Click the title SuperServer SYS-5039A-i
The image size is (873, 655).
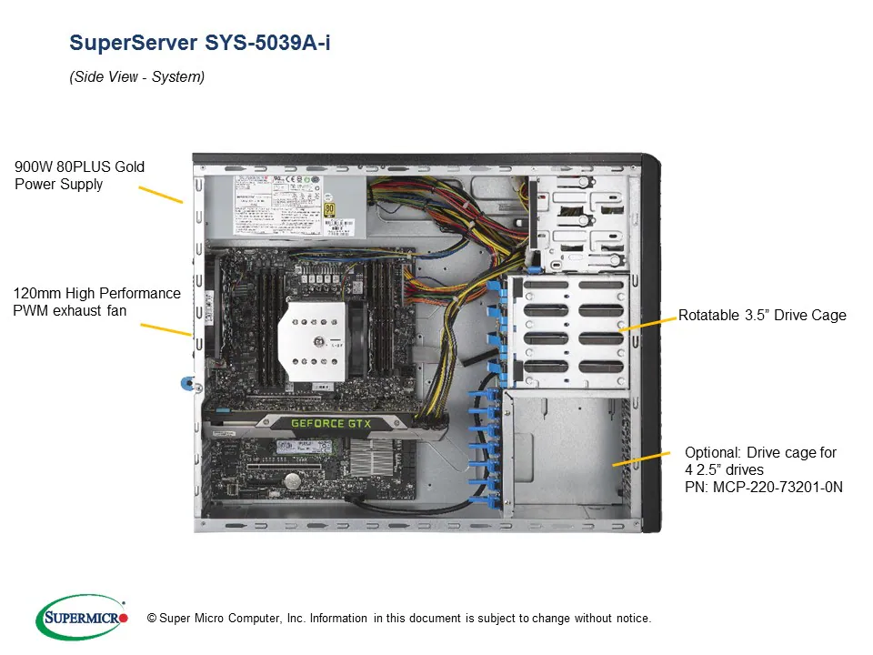[200, 43]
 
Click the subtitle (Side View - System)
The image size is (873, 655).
[137, 77]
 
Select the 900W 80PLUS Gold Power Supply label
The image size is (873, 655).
[79, 176]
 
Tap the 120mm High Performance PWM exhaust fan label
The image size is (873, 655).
[96, 302]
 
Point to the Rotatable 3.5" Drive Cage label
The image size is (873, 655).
[762, 316]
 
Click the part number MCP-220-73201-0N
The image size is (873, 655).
[764, 487]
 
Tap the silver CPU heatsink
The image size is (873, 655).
[313, 336]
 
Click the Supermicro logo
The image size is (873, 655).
[82, 618]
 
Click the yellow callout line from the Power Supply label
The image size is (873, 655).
[160, 195]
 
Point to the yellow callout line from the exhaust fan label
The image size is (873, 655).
[166, 328]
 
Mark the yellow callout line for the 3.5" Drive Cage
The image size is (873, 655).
[647, 321]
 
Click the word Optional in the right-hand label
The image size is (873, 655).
[714, 452]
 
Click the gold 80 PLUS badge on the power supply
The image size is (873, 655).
[329, 208]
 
